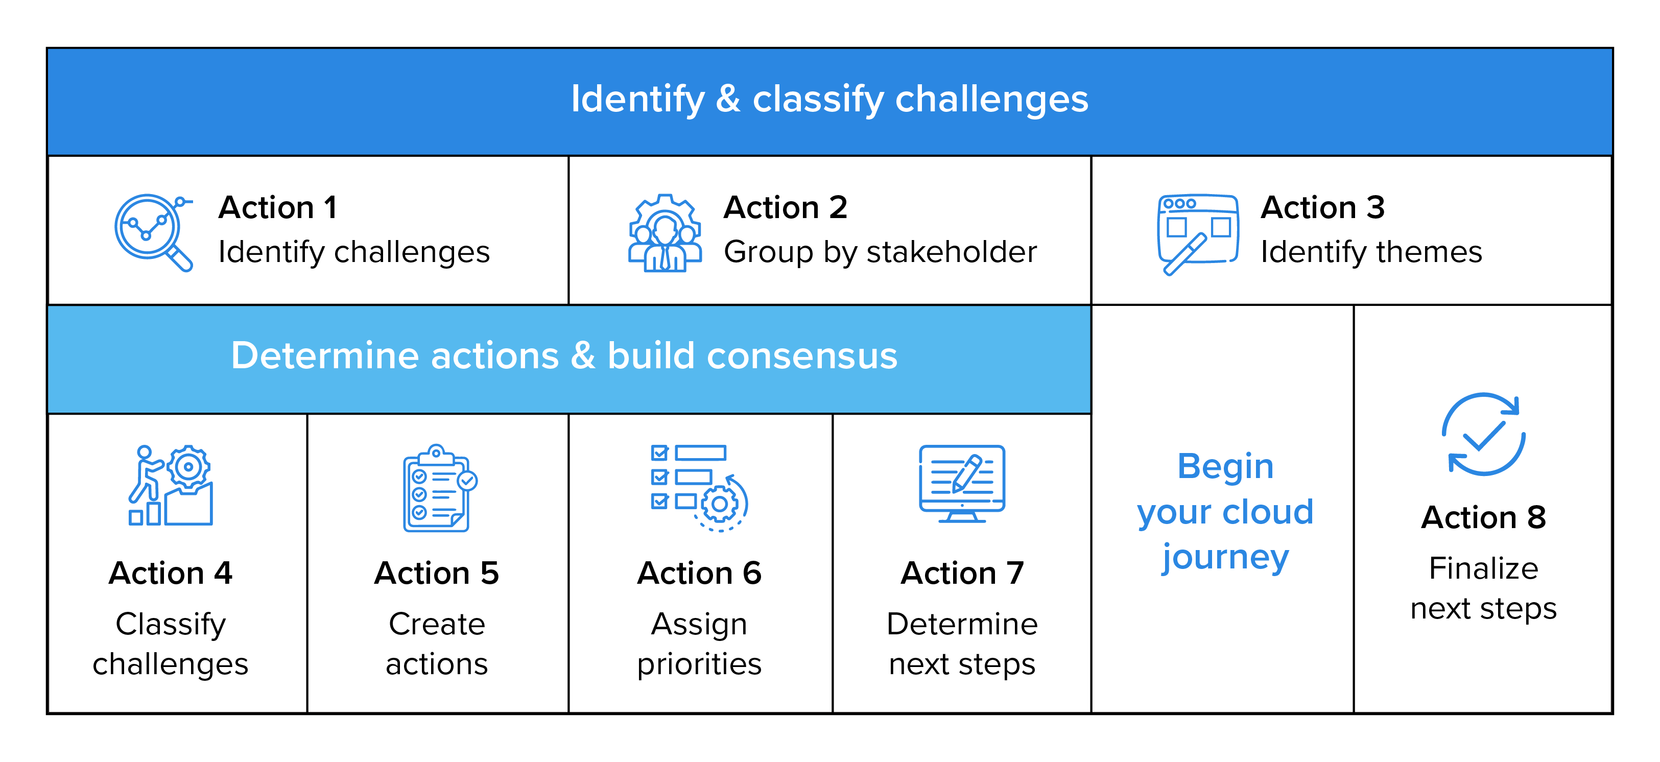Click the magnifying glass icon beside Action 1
coord(153,232)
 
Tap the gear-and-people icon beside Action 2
coord(665,233)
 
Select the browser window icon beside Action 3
coord(1197,234)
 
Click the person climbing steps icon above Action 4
coord(171,486)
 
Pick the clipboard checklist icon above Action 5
coord(439,488)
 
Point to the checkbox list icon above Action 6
coord(699,488)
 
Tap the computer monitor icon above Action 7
coord(961,483)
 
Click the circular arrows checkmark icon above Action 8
coord(1483,434)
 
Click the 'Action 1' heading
coord(278,207)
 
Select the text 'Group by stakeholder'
coord(880,252)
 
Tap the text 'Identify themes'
coord(1371,252)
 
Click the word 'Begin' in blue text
coord(1225,466)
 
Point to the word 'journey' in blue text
coord(1225,558)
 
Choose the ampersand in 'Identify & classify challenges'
coord(728,99)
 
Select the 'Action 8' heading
coord(1483,517)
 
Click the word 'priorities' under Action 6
coord(699,664)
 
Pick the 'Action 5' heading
coord(437,573)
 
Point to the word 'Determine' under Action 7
coord(961,624)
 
